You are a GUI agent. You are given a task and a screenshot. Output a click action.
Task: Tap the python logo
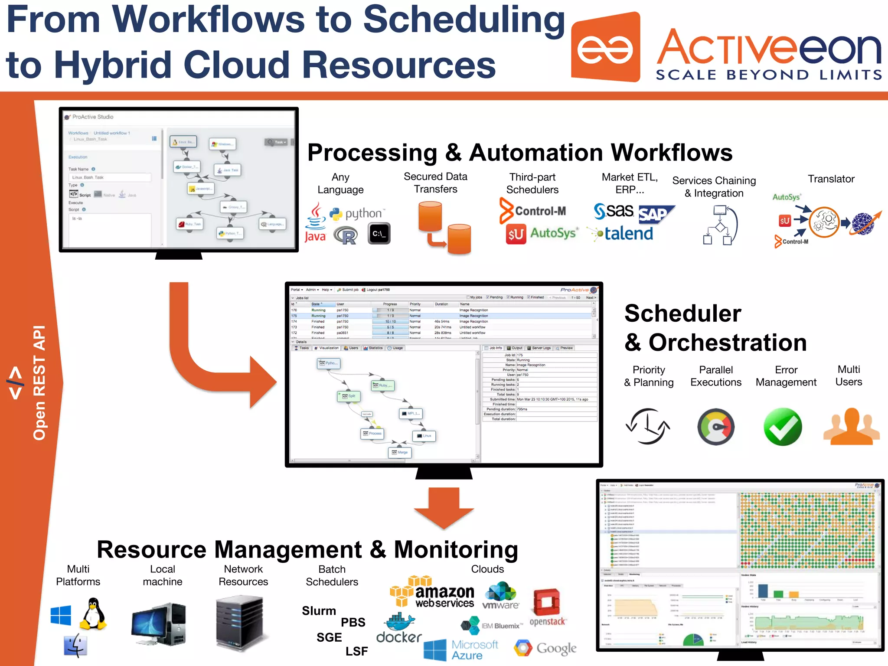click(356, 214)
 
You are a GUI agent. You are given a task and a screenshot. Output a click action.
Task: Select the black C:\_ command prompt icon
click(379, 234)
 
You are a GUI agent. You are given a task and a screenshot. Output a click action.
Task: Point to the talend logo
click(621, 234)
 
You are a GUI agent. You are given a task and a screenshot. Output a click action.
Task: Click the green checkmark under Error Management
click(783, 427)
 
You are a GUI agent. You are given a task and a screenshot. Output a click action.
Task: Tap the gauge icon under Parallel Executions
click(716, 427)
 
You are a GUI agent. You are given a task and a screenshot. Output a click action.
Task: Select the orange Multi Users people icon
click(852, 427)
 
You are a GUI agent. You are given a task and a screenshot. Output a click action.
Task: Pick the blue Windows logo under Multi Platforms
click(61, 615)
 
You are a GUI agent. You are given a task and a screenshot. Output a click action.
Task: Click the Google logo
click(545, 648)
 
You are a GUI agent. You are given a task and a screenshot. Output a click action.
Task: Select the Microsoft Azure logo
click(460, 650)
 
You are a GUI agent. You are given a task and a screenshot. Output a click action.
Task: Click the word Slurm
click(319, 611)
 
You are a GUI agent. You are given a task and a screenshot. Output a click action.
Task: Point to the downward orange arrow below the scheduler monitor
click(444, 507)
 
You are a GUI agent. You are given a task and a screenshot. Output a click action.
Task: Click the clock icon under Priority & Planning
click(648, 427)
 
